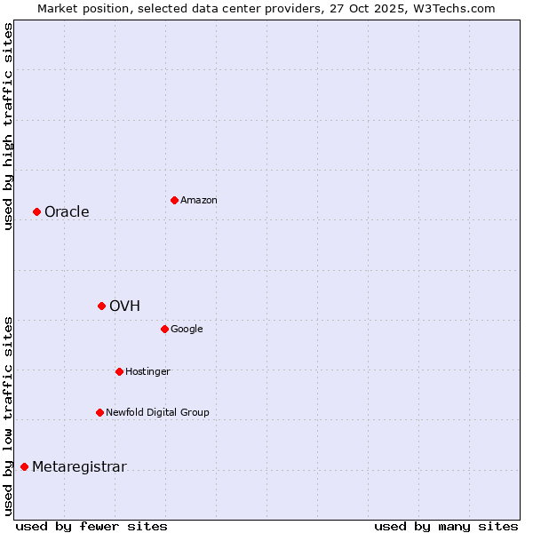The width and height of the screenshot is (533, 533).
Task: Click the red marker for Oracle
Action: coord(36,211)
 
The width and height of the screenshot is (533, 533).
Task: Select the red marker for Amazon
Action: coord(174,200)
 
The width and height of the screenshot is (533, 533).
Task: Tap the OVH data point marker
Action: coord(101,306)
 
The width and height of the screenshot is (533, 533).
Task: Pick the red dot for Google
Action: coord(164,329)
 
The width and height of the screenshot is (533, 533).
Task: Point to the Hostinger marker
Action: coord(119,371)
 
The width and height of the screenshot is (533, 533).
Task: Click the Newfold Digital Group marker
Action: coord(99,412)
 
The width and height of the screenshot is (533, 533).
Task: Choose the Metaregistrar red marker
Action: coord(24,466)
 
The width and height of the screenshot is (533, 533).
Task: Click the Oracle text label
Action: coord(67,211)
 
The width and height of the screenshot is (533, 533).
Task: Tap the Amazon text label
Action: coord(199,200)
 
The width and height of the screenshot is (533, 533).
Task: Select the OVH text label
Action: coord(124,306)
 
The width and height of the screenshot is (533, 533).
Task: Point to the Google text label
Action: coord(187,329)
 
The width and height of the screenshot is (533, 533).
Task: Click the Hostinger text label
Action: coord(147,371)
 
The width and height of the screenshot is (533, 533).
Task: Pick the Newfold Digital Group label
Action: coord(157,412)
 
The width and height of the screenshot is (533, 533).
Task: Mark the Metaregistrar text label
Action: coord(79,467)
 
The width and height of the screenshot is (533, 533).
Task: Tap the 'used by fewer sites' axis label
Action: coord(91,526)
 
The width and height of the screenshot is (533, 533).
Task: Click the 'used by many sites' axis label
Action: coord(446,526)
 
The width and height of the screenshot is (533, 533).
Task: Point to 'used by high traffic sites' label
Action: coord(8,126)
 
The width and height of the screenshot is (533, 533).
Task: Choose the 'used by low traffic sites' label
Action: coord(8,415)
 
